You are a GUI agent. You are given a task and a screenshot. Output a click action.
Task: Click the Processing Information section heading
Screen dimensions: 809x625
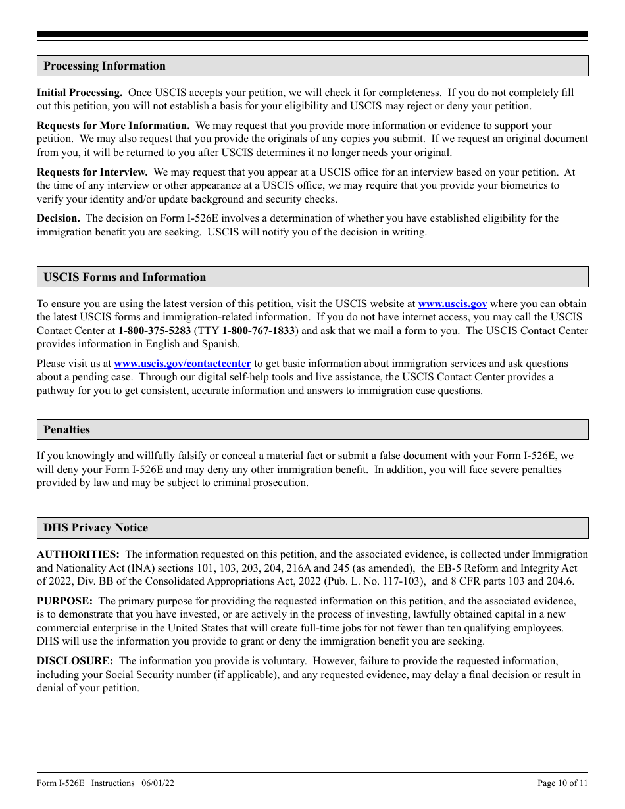tap(105, 66)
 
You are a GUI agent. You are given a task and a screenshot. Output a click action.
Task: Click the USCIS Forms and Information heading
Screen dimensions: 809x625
tap(124, 277)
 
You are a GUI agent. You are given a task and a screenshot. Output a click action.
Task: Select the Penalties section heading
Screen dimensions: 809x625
tap(66, 429)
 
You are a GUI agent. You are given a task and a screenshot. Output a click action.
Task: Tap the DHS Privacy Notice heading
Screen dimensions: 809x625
tap(95, 527)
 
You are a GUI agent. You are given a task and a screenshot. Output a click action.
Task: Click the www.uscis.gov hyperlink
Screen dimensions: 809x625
tap(453, 304)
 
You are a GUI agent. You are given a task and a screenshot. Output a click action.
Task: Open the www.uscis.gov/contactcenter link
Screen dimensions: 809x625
tap(182, 363)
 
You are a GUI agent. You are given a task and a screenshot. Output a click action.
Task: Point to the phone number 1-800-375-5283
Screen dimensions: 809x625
tap(155, 331)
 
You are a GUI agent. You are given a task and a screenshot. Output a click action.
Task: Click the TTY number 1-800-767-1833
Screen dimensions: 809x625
tap(258, 331)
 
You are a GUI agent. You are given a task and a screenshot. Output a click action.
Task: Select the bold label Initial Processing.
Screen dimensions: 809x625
tap(79, 93)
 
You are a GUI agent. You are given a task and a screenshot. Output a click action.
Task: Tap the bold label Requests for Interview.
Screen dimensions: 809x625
tap(92, 172)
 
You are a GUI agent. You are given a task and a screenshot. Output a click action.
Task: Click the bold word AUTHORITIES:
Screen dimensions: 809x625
tap(78, 554)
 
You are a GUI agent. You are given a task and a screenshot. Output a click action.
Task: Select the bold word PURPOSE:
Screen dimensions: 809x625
tap(64, 601)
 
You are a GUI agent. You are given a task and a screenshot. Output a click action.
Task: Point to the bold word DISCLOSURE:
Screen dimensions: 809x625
tap(75, 660)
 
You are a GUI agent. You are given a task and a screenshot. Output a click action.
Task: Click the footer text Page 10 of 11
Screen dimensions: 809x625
tap(562, 783)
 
